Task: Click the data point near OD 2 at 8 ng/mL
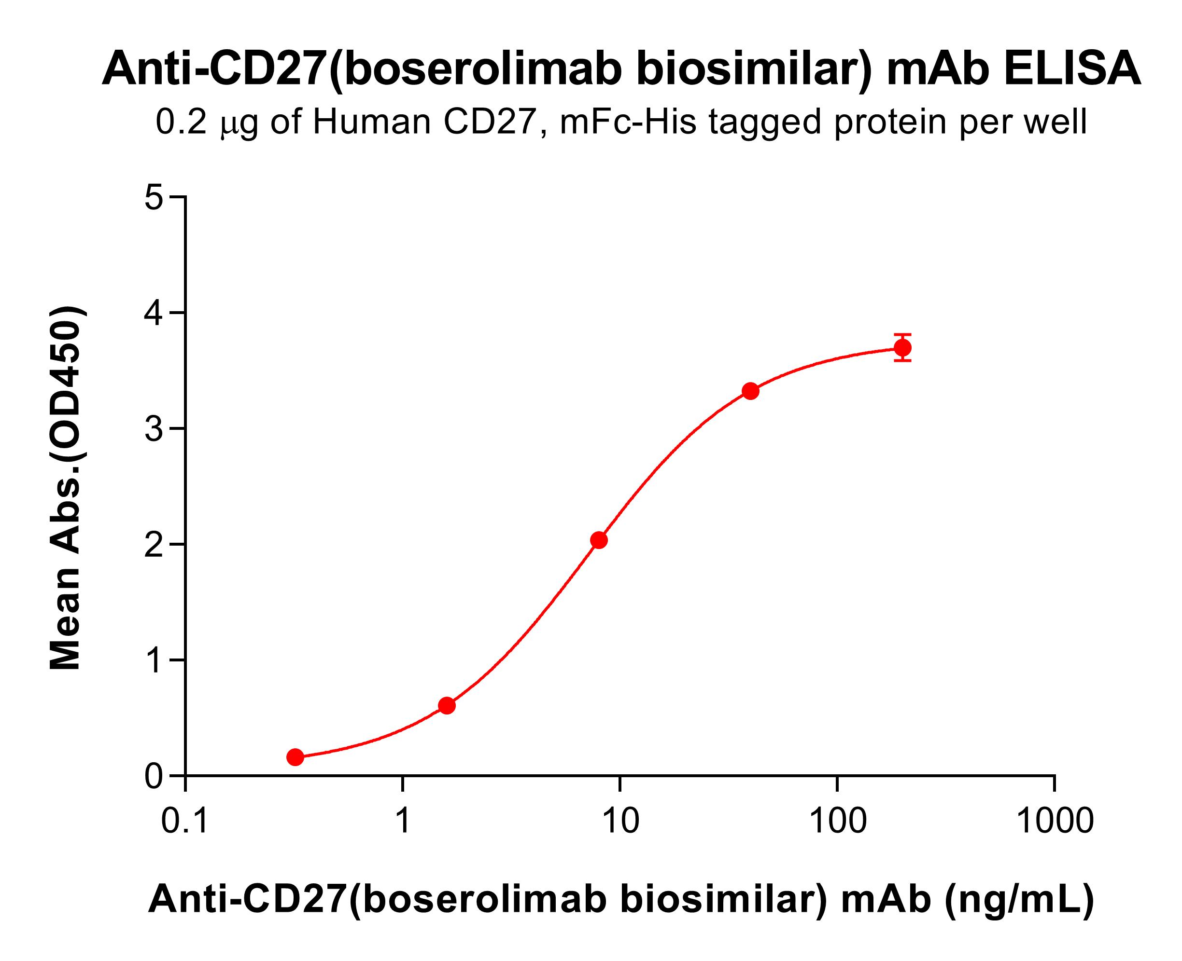pos(599,540)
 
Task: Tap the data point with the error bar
pos(903,348)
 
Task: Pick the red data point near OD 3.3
pos(750,391)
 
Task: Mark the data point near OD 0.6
pos(447,705)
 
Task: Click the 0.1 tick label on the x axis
pos(185,821)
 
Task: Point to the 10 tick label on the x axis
pos(620,821)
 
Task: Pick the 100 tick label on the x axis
pos(837,821)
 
